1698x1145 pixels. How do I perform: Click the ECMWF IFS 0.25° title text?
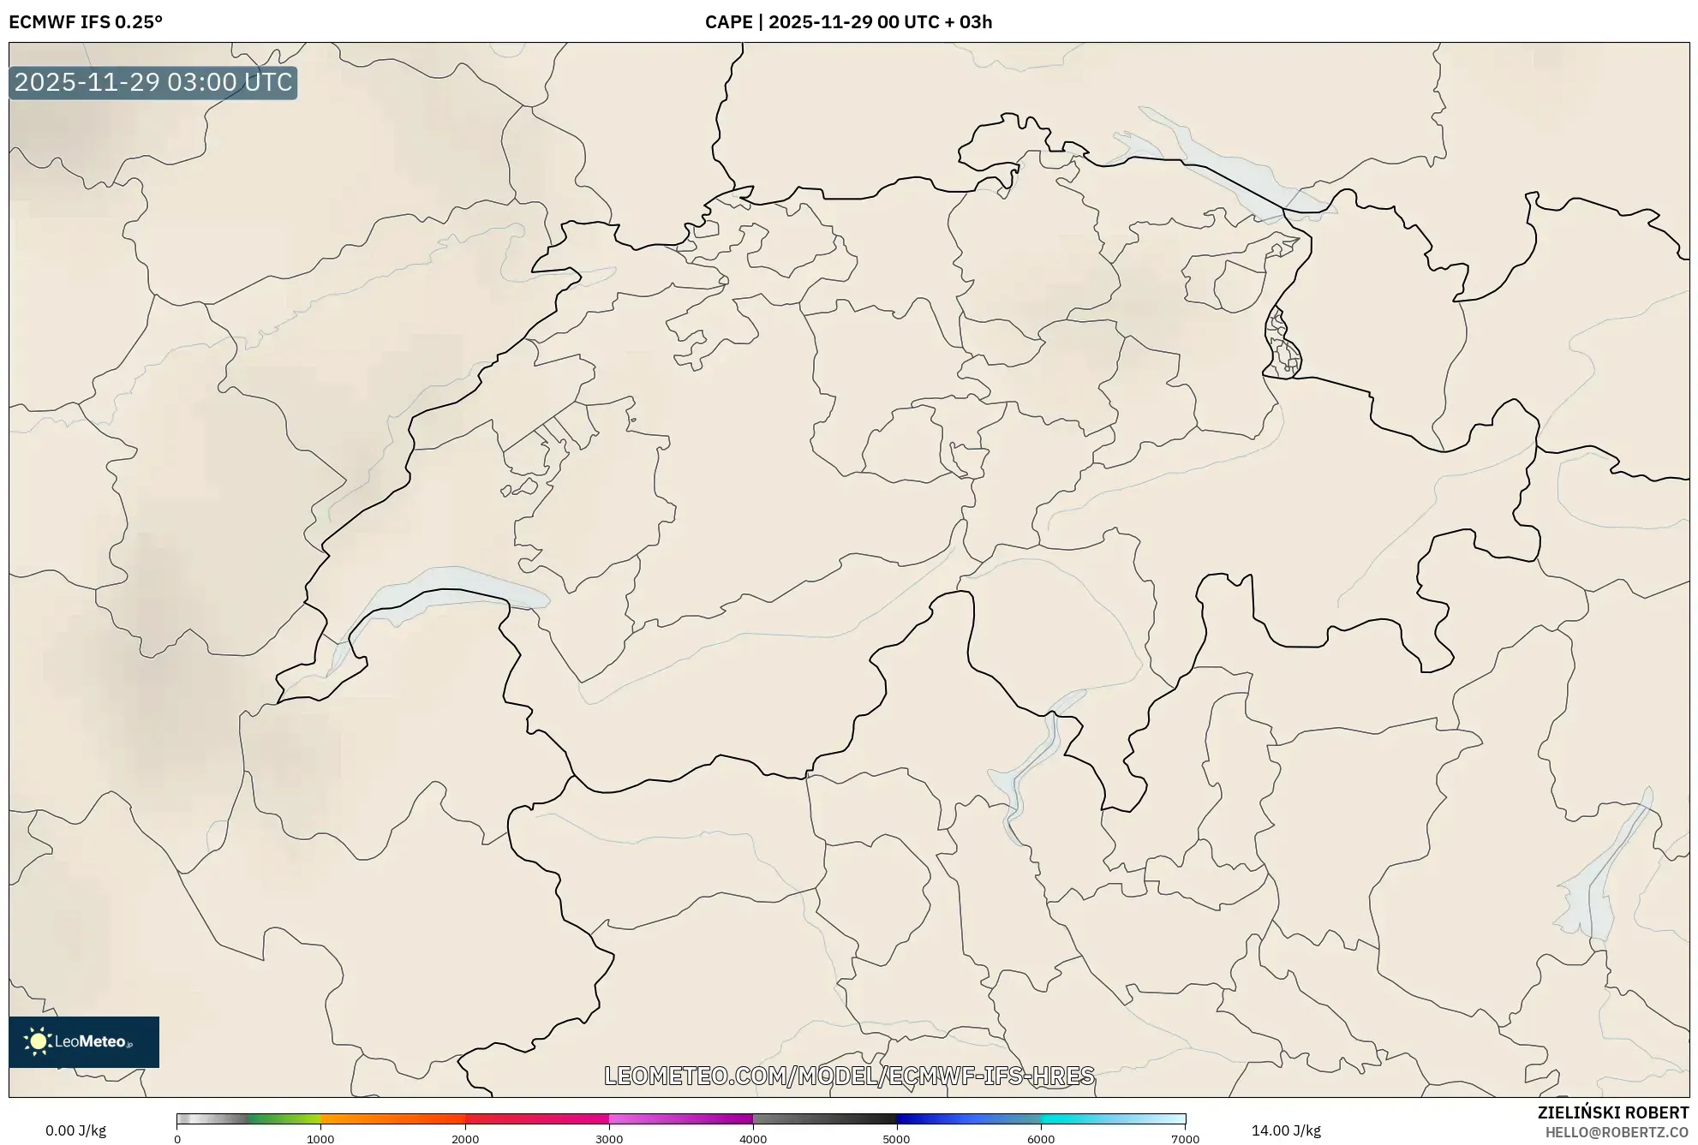tap(86, 22)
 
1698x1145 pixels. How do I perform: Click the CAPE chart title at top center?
tap(848, 22)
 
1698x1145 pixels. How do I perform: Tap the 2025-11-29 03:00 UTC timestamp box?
tap(153, 82)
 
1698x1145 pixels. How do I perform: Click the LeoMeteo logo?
tap(84, 1041)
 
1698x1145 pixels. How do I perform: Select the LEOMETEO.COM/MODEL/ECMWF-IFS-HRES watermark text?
tap(849, 1076)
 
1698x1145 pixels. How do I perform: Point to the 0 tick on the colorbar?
tap(177, 1139)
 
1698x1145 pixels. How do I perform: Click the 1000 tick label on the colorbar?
tap(320, 1139)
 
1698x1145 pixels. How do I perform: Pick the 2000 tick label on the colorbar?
tap(465, 1139)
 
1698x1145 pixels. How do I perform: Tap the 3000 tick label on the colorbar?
tap(609, 1139)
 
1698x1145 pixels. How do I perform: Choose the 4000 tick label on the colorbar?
tap(753, 1139)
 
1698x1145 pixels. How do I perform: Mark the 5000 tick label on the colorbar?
tap(897, 1139)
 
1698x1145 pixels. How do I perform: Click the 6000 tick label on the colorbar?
tap(1041, 1139)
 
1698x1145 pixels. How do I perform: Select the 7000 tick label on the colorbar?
tap(1185, 1139)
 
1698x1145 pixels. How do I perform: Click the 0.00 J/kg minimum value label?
tap(75, 1130)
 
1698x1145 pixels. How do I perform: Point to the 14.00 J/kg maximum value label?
tap(1286, 1130)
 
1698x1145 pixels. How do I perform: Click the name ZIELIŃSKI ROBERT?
tap(1613, 1112)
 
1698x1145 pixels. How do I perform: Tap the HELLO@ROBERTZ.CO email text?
tap(1617, 1132)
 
